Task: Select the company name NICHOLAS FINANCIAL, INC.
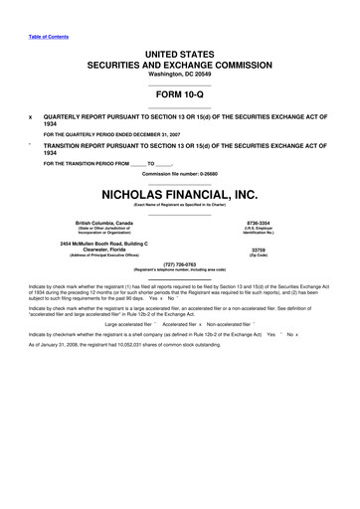[x=180, y=194]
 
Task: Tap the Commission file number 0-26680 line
[x=180, y=175]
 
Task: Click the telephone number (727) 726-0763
[x=180, y=264]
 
